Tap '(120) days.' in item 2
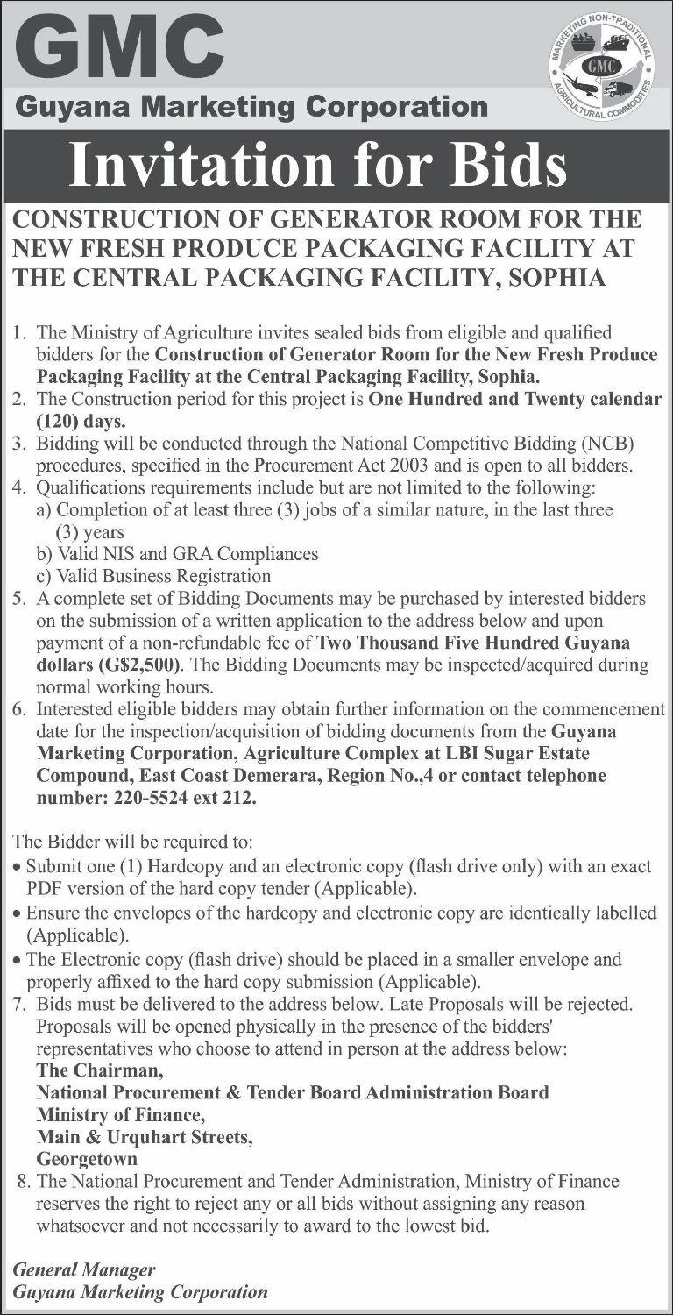coord(74,419)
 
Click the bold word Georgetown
coord(86,1159)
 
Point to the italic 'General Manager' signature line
coord(85,1269)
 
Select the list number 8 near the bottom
coord(23,1182)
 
